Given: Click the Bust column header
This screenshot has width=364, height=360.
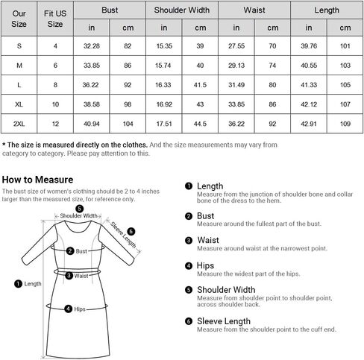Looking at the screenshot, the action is pos(109,10).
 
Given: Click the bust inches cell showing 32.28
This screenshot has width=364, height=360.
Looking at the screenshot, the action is pos(92,45).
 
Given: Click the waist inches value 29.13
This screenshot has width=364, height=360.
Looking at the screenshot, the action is pos(236,64).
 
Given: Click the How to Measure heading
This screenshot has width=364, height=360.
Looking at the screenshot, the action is pos(37,180).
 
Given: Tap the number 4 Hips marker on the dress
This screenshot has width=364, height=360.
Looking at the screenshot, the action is pos(69,308).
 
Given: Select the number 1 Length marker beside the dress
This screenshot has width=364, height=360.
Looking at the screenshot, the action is pos(19,283).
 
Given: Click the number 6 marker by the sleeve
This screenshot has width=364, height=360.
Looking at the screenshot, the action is pos(131,231).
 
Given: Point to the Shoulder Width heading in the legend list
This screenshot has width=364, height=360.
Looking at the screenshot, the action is pos(228,291).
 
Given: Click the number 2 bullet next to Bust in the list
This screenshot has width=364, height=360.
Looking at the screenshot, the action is pos(189,216).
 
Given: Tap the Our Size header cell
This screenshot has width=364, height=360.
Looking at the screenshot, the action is pos(19,18).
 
